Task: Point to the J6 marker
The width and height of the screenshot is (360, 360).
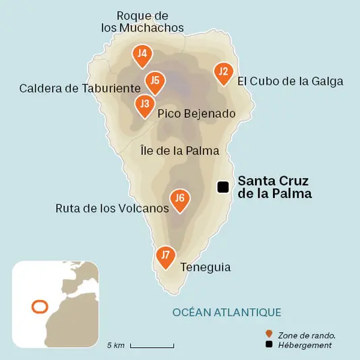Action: tap(179, 200)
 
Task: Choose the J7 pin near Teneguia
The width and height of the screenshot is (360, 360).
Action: tap(165, 256)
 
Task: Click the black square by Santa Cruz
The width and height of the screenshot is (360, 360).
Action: tap(222, 187)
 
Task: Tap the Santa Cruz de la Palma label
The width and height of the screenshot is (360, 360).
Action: tap(275, 187)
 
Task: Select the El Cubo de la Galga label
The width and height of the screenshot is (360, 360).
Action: tap(291, 82)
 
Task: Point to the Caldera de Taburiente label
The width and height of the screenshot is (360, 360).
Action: tap(80, 88)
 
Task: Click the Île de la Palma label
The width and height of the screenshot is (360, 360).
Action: tap(180, 150)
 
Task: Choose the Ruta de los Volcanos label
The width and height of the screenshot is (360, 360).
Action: tap(112, 208)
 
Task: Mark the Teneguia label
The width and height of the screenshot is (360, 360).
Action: tap(206, 268)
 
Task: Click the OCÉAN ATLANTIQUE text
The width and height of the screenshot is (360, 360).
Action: tap(227, 312)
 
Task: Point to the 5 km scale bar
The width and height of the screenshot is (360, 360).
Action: tap(152, 346)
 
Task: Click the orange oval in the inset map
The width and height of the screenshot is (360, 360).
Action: tap(40, 307)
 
